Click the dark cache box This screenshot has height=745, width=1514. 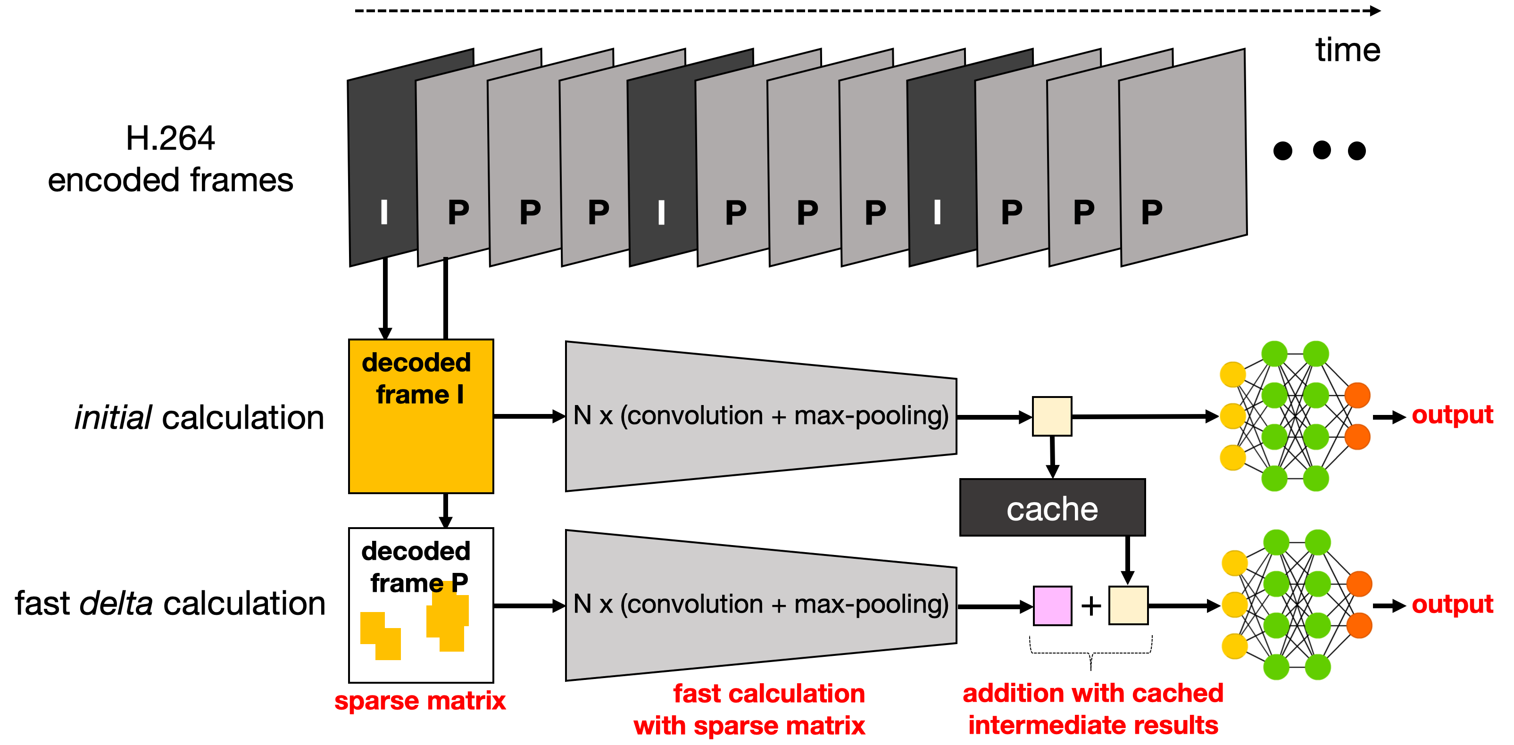(1052, 508)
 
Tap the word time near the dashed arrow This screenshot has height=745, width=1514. (1347, 50)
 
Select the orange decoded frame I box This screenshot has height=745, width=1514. (421, 416)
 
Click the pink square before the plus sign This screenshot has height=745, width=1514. (1052, 605)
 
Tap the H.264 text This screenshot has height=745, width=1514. (170, 139)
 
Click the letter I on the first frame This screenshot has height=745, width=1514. (384, 212)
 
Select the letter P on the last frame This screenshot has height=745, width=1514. (1151, 212)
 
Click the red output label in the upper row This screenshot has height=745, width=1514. (1452, 415)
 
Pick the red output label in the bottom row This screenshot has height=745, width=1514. (1452, 604)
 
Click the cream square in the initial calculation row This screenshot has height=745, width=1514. (1052, 416)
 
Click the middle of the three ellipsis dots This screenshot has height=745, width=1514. (1322, 150)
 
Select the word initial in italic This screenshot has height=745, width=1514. (113, 418)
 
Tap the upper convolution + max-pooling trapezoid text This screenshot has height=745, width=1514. (760, 415)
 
